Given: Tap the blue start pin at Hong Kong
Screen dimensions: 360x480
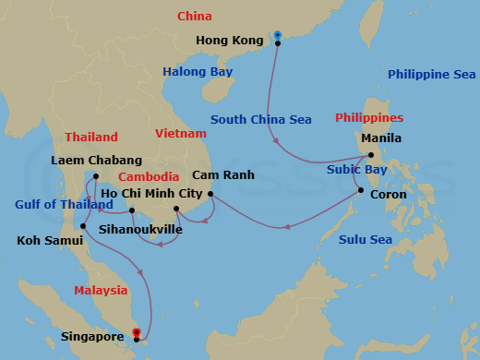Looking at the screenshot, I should coord(278,36).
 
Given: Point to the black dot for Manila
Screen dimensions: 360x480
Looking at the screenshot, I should coord(370,155).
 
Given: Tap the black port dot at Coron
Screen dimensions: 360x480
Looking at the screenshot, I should coord(360,191).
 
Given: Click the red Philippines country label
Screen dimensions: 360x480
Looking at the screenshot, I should coord(369,119).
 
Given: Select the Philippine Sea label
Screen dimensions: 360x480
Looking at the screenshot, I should coord(430,75).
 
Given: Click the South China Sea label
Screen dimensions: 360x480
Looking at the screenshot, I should coord(260,119).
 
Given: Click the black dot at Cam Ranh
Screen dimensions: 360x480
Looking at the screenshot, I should coord(211,194).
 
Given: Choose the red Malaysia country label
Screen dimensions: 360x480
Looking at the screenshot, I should coord(101,291).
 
